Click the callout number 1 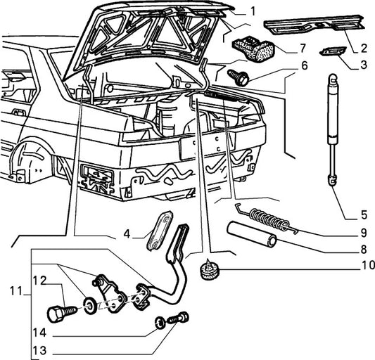[x=253, y=11]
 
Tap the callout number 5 [x=364, y=215]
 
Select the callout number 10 [x=367, y=265]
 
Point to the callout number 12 [x=39, y=281]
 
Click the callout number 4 [x=127, y=233]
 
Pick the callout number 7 [x=303, y=48]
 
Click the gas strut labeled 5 [x=333, y=129]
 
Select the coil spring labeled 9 [x=268, y=219]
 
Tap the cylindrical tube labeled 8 [x=252, y=234]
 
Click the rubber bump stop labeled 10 [x=209, y=269]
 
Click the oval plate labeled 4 [x=159, y=231]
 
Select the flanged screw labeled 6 [x=239, y=77]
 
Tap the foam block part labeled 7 [x=253, y=49]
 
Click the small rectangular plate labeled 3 [x=333, y=51]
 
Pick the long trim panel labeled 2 [x=314, y=24]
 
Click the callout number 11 [x=15, y=291]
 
